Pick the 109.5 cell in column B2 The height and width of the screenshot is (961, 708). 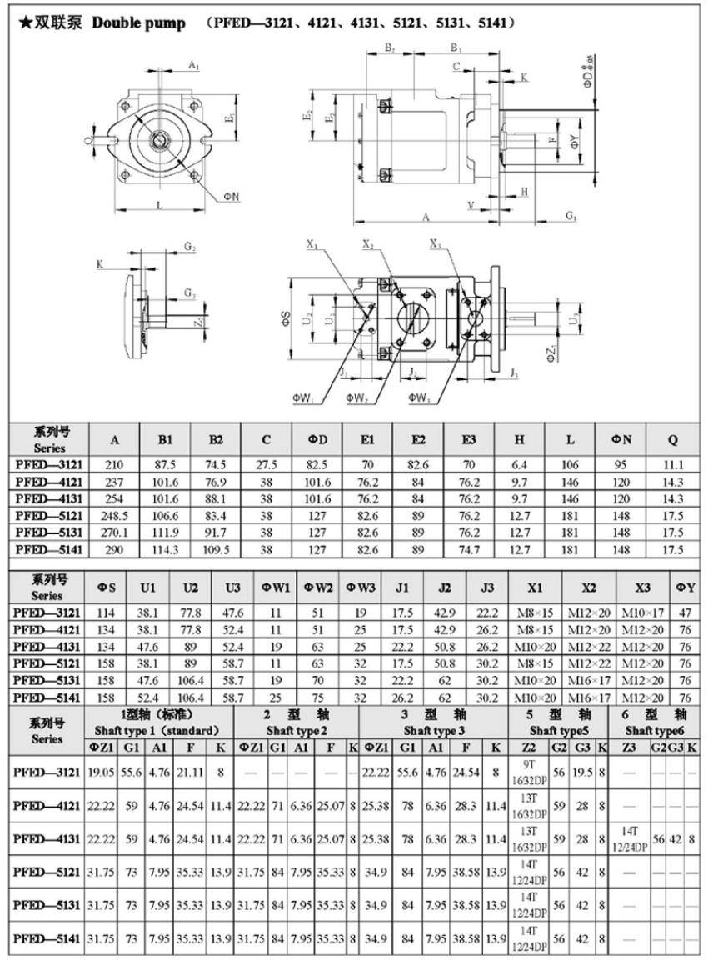[x=216, y=549]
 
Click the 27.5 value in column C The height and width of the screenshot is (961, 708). [x=266, y=463]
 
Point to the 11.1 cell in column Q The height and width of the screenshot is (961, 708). [x=675, y=463]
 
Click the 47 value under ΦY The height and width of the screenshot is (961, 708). [x=686, y=613]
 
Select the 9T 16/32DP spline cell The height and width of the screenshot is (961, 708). [x=529, y=773]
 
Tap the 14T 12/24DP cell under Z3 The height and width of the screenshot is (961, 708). [x=633, y=838]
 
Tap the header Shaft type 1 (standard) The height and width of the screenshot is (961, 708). [x=157, y=730]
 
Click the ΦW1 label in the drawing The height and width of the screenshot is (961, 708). [x=302, y=399]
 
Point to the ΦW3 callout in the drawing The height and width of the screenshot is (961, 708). [x=419, y=399]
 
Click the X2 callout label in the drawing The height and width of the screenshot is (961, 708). [x=368, y=244]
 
